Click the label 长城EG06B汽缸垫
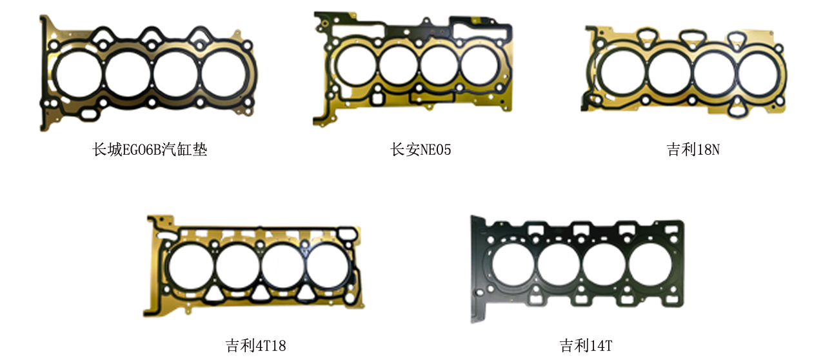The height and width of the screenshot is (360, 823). point(150,150)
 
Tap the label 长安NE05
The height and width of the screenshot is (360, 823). point(421,150)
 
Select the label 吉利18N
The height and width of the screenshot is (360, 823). point(693,150)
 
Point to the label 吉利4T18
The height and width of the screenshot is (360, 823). point(255,345)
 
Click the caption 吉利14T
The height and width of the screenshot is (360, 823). point(586,345)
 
